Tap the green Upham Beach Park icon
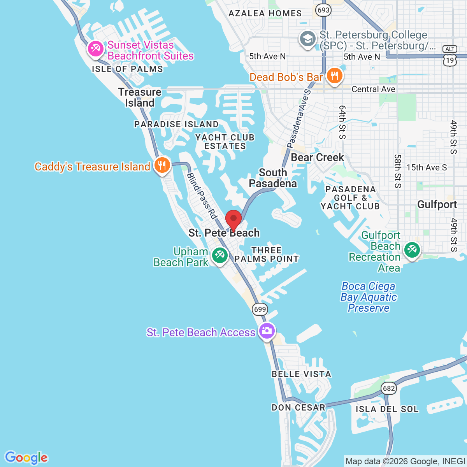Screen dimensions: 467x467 pyautogui.click(x=219, y=256)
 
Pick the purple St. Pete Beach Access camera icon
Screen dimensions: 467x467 pyautogui.click(x=267, y=331)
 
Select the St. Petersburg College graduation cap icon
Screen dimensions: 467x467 pyautogui.click(x=307, y=39)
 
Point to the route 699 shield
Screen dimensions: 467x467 pyautogui.click(x=260, y=310)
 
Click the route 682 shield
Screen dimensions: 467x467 pyautogui.click(x=388, y=388)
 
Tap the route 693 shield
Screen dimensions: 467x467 pyautogui.click(x=323, y=10)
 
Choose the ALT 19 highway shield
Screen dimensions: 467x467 pyautogui.click(x=450, y=55)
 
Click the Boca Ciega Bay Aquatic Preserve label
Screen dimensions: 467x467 pyautogui.click(x=368, y=297)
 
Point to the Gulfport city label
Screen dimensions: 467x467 pyautogui.click(x=437, y=205)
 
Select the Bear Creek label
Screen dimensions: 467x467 pyautogui.click(x=317, y=158)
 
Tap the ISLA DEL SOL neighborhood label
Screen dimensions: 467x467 pyautogui.click(x=387, y=409)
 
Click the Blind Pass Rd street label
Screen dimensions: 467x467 pyautogui.click(x=202, y=195)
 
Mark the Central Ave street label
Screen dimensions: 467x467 pyautogui.click(x=373, y=89)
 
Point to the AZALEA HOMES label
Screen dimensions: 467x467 pyautogui.click(x=265, y=13)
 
